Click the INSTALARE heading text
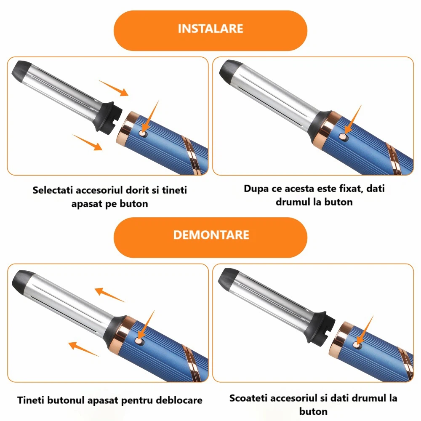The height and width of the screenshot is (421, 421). pyautogui.click(x=210, y=29)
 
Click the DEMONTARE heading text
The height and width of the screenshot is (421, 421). pyautogui.click(x=211, y=235)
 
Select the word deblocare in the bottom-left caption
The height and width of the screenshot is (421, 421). pyautogui.click(x=179, y=400)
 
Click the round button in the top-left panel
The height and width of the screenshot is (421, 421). pyautogui.click(x=142, y=133)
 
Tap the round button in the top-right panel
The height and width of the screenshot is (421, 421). pyautogui.click(x=343, y=137)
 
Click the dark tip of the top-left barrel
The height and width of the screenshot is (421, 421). pyautogui.click(x=20, y=71)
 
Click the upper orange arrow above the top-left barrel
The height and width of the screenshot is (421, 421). pyautogui.click(x=114, y=88)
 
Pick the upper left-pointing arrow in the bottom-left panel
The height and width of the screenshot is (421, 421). pyautogui.click(x=110, y=295)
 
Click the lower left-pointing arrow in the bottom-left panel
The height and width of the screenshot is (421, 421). pyautogui.click(x=83, y=349)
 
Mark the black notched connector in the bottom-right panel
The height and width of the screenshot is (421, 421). pyautogui.click(x=320, y=328)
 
